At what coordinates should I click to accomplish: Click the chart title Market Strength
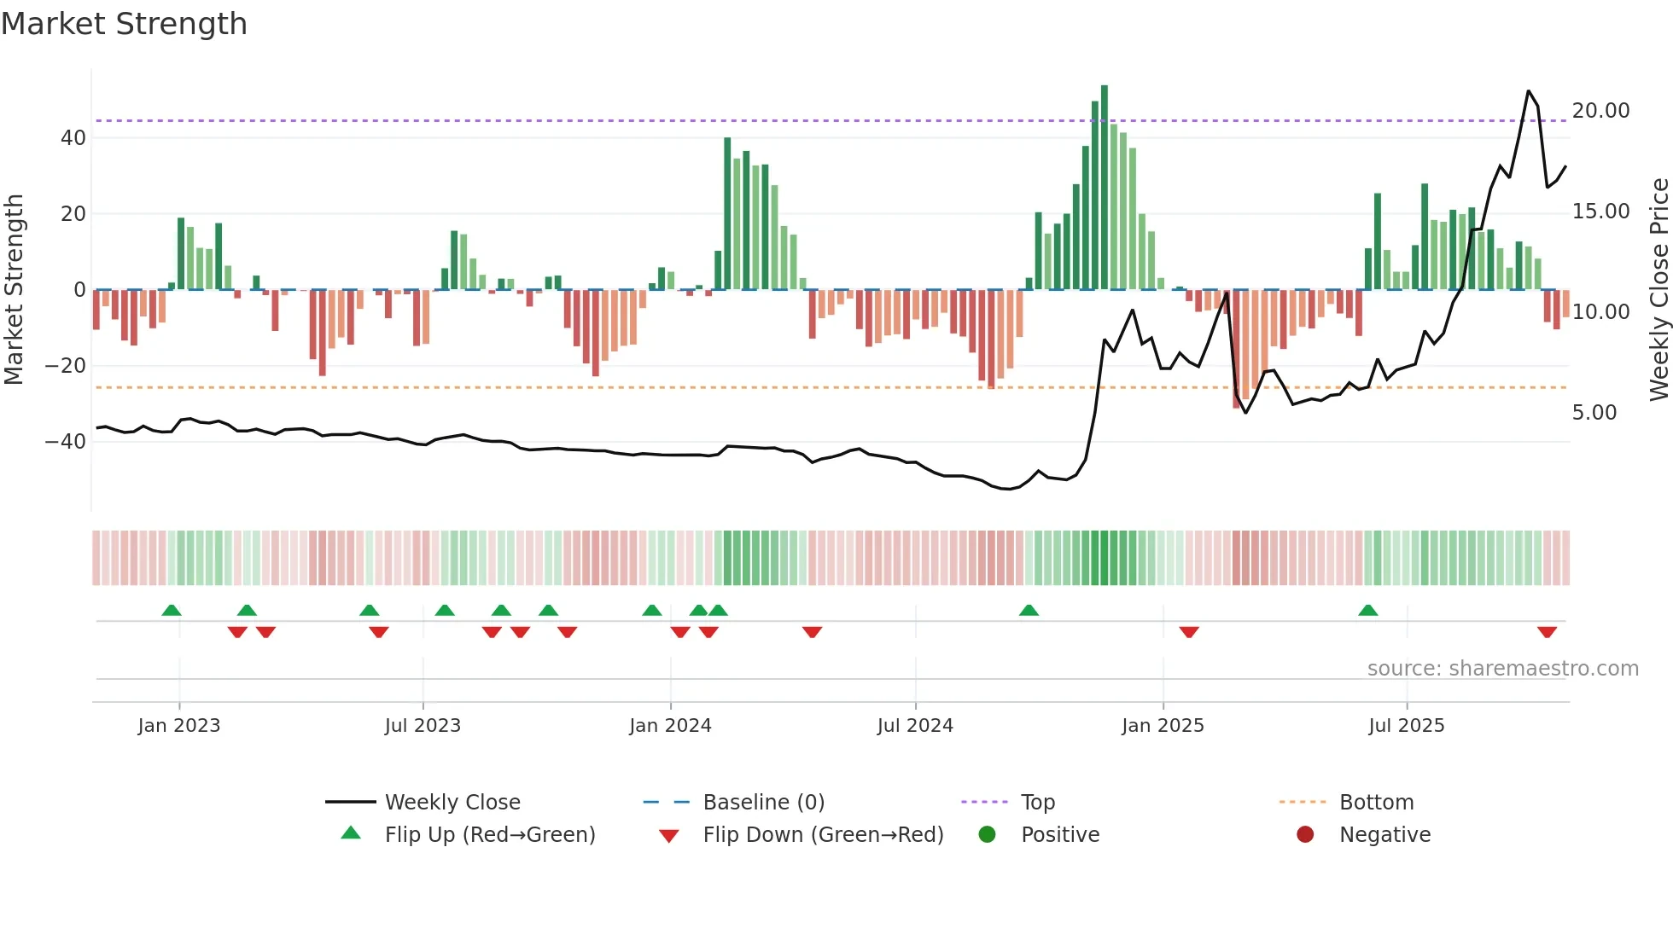coord(124,24)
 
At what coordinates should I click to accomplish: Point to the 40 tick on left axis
coord(73,138)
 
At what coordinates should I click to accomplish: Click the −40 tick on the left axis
coord(66,442)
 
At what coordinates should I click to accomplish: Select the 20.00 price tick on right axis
coord(1600,111)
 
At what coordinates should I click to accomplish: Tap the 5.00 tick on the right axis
coord(1594,413)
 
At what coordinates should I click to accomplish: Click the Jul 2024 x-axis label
coord(914,726)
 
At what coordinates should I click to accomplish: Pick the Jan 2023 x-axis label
coord(178,726)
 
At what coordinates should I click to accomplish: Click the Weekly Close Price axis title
coord(1658,290)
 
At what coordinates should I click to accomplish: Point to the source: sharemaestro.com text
coord(1502,669)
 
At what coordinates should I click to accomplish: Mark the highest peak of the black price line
coord(1528,91)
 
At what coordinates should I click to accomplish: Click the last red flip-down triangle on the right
coord(1547,632)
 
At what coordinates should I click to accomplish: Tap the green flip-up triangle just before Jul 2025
coord(1367,610)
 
